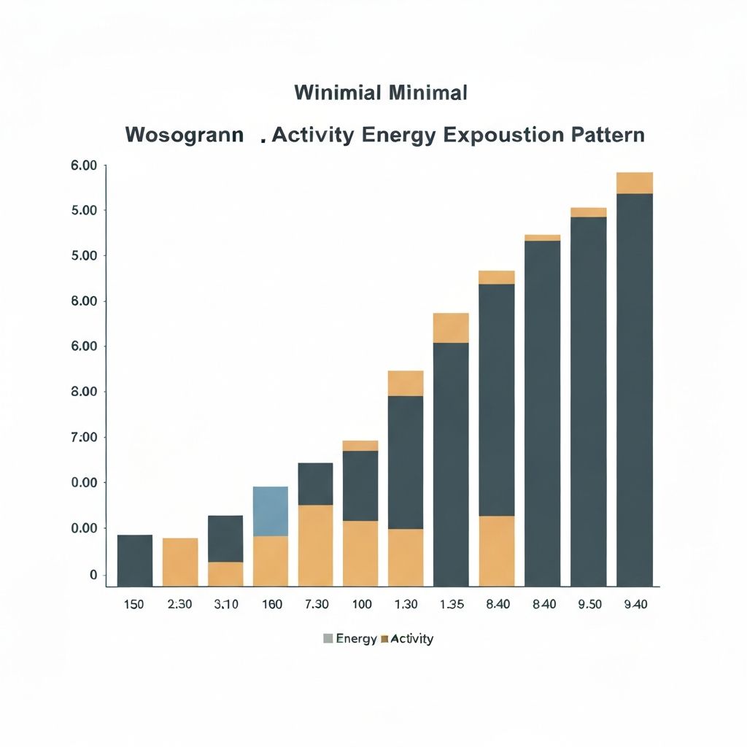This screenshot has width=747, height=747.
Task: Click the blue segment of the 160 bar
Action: [271, 511]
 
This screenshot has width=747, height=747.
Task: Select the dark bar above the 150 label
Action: [135, 560]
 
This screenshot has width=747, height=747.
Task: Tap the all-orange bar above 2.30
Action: [180, 562]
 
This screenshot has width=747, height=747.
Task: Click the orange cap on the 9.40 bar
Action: [635, 182]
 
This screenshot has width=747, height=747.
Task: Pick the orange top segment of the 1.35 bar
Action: [452, 328]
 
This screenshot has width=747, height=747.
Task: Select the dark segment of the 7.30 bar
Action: [316, 484]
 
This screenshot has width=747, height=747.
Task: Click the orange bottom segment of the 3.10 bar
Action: [225, 574]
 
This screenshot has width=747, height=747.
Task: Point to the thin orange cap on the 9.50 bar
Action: [589, 212]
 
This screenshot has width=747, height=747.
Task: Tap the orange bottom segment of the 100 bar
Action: [361, 553]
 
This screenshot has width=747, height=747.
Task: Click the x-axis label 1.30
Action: [406, 605]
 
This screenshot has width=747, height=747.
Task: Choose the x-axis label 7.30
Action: [316, 605]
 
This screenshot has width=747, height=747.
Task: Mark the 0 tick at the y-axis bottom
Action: [93, 576]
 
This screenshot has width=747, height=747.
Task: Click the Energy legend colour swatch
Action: [328, 639]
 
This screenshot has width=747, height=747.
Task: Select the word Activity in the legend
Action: [411, 639]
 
